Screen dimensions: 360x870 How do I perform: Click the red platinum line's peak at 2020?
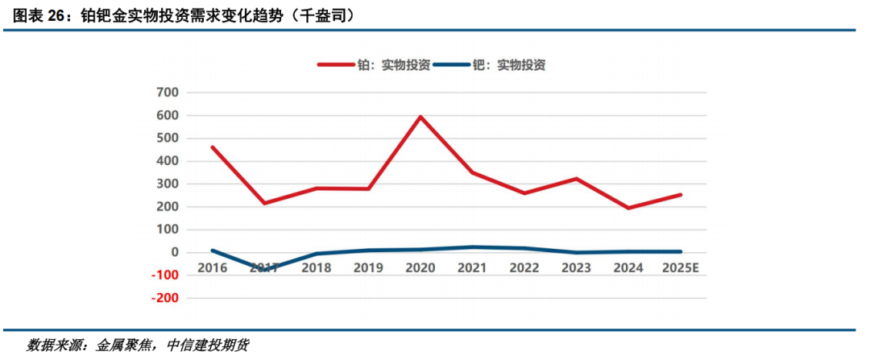pos(420,117)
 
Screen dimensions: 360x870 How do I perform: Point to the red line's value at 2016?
pos(212,147)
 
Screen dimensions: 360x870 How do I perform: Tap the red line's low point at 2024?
pos(628,208)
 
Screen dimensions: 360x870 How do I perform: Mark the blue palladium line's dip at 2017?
pos(263,270)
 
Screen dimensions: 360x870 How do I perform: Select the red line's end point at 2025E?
pos(681,194)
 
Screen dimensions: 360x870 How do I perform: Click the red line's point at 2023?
pos(577,179)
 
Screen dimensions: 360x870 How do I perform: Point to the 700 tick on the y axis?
pos(167,93)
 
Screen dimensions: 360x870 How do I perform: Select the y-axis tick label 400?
pos(167,161)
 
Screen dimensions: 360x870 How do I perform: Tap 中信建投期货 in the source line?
pos(209,345)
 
